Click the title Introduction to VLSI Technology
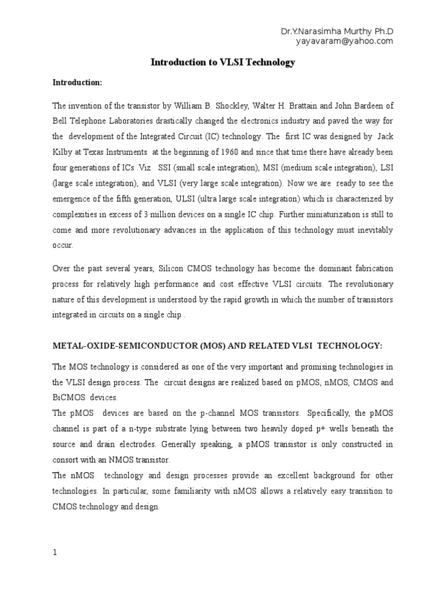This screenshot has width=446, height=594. [x=223, y=63]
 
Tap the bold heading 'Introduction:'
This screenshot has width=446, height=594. [x=77, y=83]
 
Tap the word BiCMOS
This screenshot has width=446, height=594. [x=67, y=397]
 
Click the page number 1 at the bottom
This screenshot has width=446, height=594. [x=55, y=553]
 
